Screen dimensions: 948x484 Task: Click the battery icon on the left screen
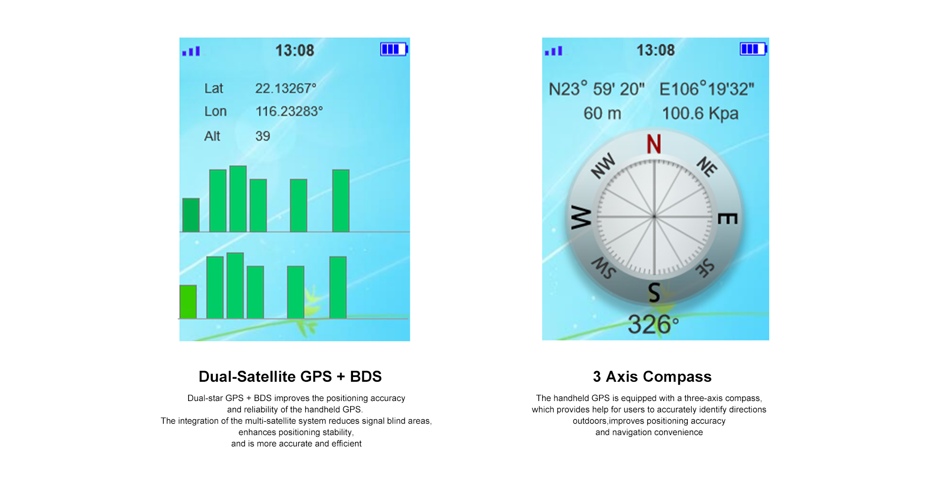click(394, 49)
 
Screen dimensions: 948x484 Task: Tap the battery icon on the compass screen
click(753, 49)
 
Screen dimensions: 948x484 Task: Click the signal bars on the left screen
click(191, 51)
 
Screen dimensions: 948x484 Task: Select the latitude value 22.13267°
click(285, 88)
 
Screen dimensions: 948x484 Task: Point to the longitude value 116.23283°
click(289, 111)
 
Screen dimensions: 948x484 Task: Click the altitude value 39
click(263, 136)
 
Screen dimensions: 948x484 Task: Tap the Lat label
click(214, 88)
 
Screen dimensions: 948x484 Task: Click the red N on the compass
click(654, 144)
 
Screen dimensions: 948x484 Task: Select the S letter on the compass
click(654, 292)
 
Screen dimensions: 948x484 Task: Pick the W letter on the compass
click(581, 217)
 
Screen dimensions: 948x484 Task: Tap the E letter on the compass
click(728, 218)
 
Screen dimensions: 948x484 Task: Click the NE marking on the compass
click(707, 166)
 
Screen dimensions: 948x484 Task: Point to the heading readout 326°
click(653, 324)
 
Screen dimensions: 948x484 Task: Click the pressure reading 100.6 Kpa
click(700, 114)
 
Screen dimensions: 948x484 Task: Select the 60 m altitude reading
click(602, 114)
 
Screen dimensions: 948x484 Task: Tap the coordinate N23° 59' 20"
click(597, 89)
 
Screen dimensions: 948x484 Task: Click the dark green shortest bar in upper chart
click(191, 215)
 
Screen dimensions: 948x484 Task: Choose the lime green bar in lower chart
click(188, 302)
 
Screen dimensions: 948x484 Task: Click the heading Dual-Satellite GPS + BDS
click(290, 376)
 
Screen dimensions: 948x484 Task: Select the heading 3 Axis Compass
click(652, 376)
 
